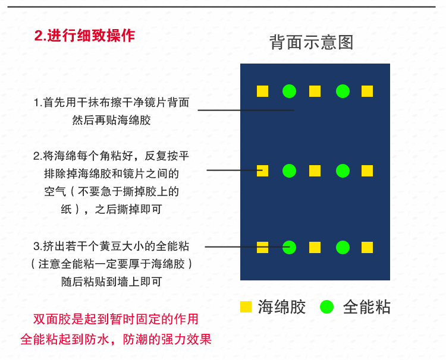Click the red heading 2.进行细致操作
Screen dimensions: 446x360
tap(84, 36)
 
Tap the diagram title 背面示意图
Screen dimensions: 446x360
tap(311, 42)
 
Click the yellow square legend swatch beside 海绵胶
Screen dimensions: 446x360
tap(246, 307)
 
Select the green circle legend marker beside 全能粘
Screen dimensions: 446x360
tap(326, 307)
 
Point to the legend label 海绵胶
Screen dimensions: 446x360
tap(282, 307)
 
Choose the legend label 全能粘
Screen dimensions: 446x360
tap(367, 307)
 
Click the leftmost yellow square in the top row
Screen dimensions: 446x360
tap(262, 91)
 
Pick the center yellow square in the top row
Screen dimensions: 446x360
tap(315, 91)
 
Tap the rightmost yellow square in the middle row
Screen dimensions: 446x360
tap(367, 171)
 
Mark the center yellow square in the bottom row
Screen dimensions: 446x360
tap(315, 247)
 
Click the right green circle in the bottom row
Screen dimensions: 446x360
tap(343, 247)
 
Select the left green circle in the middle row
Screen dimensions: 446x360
tap(289, 171)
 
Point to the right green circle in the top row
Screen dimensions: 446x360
tap(343, 91)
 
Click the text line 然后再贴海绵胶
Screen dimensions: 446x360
tap(111, 120)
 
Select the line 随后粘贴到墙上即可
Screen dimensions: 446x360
tap(111, 282)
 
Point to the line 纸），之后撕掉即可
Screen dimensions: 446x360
tap(111, 209)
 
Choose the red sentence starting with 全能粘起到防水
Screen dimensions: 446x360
tap(115, 340)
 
